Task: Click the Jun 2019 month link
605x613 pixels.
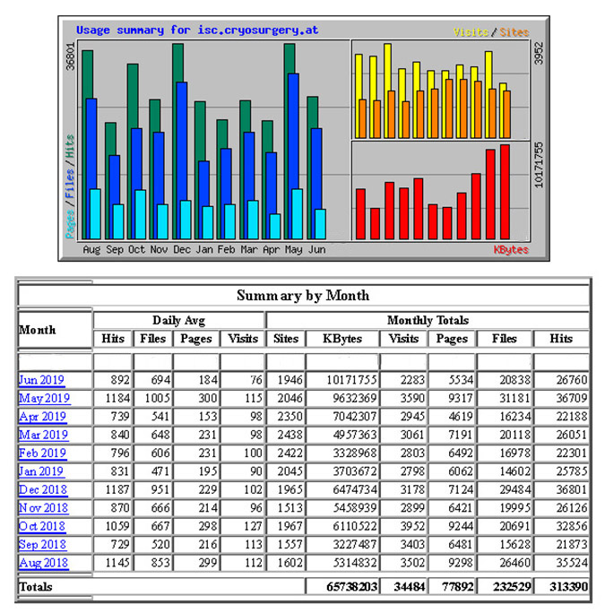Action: pyautogui.click(x=41, y=380)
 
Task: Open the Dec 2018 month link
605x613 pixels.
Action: pyautogui.click(x=41, y=490)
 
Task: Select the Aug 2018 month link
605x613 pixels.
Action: pyautogui.click(x=41, y=564)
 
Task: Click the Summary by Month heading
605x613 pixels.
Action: pyautogui.click(x=303, y=295)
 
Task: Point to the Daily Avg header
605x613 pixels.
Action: pyautogui.click(x=179, y=320)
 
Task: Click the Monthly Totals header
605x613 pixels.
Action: pyautogui.click(x=428, y=320)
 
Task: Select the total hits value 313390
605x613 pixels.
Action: pyautogui.click(x=561, y=587)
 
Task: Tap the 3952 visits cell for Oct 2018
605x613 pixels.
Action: pyautogui.click(x=403, y=527)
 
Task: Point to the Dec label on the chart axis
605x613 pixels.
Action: pyautogui.click(x=182, y=249)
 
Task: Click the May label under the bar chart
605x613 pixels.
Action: pyautogui.click(x=294, y=249)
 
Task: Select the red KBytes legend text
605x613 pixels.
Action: pyautogui.click(x=511, y=250)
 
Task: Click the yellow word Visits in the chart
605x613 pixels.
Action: pyautogui.click(x=471, y=32)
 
